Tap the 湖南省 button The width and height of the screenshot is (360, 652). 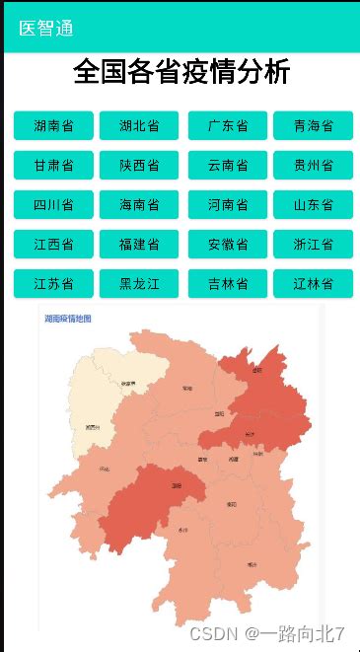pos(53,126)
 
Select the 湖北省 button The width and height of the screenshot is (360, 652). pos(139,126)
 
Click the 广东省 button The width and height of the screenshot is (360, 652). pos(228,126)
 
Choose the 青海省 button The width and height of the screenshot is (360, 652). pos(313,126)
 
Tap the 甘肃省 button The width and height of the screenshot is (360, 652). pos(53,166)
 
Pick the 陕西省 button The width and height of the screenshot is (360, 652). pos(139,166)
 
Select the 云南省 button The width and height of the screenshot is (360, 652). pos(228,166)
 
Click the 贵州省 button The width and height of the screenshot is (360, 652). pos(313,166)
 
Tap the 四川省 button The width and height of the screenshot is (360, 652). pos(53,205)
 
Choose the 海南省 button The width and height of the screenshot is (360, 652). pos(139,205)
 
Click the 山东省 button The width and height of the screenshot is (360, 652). pos(313,205)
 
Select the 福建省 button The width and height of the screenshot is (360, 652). pos(139,245)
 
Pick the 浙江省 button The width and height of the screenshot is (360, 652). pos(313,245)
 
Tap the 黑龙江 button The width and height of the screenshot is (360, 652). pos(139,284)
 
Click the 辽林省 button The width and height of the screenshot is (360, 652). pos(313,284)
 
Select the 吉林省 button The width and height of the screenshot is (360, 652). pos(228,284)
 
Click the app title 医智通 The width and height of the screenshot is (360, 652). pos(46,29)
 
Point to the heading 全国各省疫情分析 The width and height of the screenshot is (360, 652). pos(181,73)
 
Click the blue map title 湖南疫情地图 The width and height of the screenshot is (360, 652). pos(68,320)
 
